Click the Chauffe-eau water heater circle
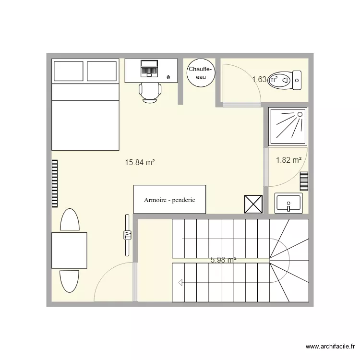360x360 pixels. click(201, 73)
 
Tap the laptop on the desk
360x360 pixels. click(149, 69)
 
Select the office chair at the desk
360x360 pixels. click(150, 92)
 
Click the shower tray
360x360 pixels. click(288, 127)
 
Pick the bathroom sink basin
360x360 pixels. click(288, 203)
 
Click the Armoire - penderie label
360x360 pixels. click(169, 200)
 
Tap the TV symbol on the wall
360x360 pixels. click(127, 235)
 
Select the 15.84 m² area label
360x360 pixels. click(140, 163)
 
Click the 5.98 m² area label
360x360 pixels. click(223, 260)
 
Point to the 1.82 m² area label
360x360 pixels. click(288, 160)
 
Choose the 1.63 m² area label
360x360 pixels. click(265, 79)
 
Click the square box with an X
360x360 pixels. click(253, 204)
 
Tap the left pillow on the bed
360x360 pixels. click(69, 71)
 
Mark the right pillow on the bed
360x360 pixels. click(102, 71)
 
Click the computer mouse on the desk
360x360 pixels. click(168, 77)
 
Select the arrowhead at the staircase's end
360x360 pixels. click(180, 282)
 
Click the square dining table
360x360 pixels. click(69, 251)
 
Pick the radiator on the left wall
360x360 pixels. click(55, 184)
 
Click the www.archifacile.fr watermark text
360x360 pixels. click(330, 347)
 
